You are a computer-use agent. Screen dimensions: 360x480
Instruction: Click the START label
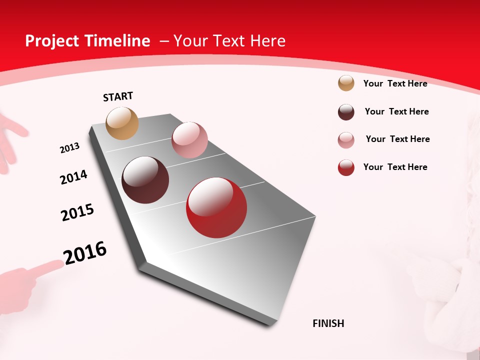point(118,96)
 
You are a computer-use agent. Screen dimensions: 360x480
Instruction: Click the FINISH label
point(328,323)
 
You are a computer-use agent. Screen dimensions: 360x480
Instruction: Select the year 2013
point(69,148)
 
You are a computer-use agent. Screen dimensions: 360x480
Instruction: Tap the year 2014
point(73,177)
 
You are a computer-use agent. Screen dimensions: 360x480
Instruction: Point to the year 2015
point(77,212)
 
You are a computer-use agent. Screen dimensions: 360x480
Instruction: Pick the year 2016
point(85,253)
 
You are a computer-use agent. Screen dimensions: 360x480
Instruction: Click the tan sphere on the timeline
point(122,123)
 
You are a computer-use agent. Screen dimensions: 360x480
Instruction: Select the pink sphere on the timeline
point(189,140)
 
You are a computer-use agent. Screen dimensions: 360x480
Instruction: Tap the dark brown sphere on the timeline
point(145,180)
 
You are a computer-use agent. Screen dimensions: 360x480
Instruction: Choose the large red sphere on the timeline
point(216,207)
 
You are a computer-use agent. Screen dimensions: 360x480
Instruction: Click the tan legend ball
point(346,83)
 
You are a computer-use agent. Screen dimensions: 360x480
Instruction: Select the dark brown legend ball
point(346,112)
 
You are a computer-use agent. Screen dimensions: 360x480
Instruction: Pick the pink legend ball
point(346,140)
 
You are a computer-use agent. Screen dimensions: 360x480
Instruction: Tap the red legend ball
point(346,167)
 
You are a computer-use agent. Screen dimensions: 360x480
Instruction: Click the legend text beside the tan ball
point(395,83)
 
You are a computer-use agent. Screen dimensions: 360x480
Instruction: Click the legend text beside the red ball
point(395,167)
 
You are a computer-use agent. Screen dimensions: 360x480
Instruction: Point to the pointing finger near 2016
point(47,268)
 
